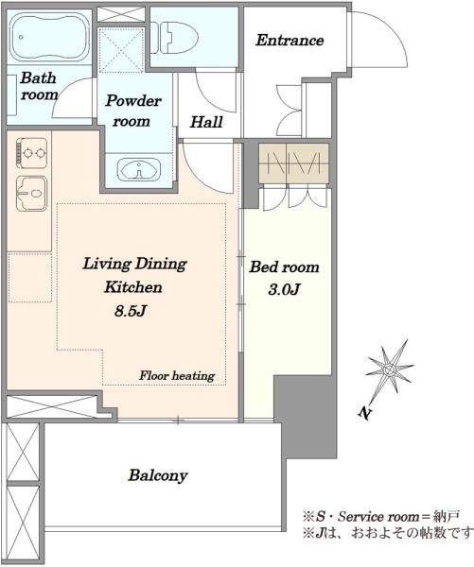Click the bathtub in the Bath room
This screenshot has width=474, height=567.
point(50,37)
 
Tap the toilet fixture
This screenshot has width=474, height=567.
point(175,38)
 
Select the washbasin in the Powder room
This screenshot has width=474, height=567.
point(139,169)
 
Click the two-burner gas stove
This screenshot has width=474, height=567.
point(31,153)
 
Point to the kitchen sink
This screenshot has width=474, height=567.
point(32,194)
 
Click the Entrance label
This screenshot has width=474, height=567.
point(290,40)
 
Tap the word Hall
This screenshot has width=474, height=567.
point(206,122)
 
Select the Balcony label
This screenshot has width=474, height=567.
point(158,475)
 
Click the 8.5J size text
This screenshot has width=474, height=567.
point(131,311)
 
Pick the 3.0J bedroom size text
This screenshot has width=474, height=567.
point(284,289)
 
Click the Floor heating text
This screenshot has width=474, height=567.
point(177,376)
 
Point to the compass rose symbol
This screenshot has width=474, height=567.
point(390,369)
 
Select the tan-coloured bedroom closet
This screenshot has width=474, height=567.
point(293,163)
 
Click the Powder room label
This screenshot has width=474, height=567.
point(132,111)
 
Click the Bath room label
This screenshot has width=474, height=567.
point(39,86)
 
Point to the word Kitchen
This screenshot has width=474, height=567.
point(132,287)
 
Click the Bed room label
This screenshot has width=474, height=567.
point(284,267)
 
